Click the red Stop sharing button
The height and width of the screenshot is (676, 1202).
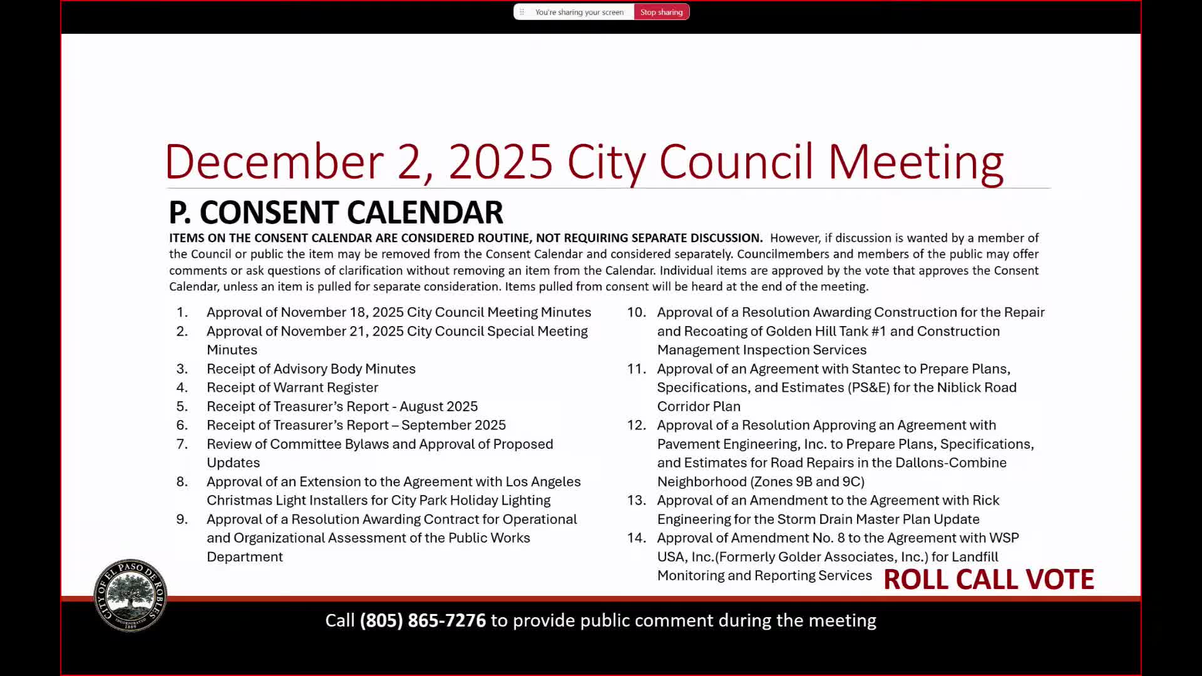point(661,12)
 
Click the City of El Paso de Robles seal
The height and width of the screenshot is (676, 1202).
point(130,595)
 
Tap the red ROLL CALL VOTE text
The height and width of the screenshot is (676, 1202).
point(989,580)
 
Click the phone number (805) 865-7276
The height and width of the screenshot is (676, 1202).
point(423,620)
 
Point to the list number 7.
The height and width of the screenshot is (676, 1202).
point(182,444)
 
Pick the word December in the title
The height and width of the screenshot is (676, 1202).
point(274,162)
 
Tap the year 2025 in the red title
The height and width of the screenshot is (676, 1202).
point(500,162)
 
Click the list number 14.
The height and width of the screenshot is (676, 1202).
point(636,538)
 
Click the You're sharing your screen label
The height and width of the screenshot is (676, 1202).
point(579,12)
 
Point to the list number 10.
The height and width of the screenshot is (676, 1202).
point(636,312)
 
